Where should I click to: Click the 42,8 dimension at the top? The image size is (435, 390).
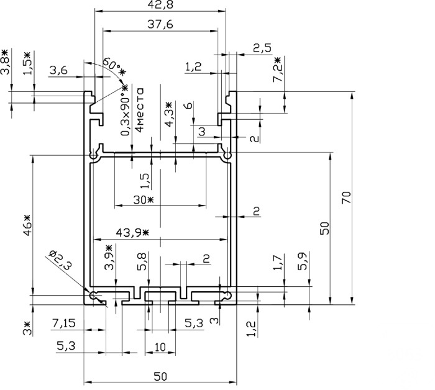coord(160,4)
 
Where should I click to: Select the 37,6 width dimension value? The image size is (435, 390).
coord(160,24)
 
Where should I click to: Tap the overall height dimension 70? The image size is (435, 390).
coord(347,197)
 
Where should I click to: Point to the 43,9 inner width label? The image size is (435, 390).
coord(132,232)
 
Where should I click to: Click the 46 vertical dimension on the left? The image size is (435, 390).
coord(28,225)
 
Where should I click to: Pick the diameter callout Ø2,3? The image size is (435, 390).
coord(60,260)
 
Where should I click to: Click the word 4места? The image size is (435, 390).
coord(139,110)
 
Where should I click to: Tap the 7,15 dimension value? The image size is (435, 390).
coord(63,323)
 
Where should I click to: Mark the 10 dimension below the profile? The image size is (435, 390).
coord(160,347)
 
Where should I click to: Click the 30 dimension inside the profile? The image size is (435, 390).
coord(143,199)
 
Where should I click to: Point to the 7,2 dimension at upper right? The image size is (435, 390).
coord(277,70)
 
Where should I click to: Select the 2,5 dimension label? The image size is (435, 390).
coord(262,48)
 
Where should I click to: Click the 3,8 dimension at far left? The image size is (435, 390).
coord(5,62)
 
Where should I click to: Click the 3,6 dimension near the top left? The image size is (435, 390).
coord(58,70)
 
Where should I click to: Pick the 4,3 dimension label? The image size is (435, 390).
coord(168,114)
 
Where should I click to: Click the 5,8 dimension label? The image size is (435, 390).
coord(142,261)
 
